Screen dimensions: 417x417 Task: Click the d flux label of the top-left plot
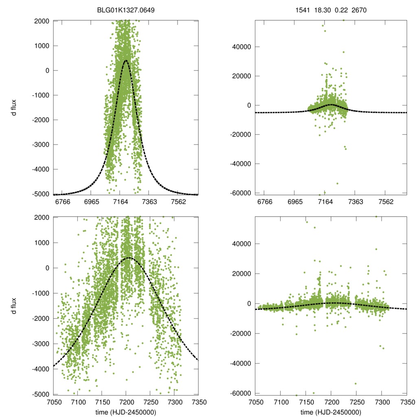pyautogui.click(x=14, y=107)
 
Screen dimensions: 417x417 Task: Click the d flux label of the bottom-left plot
pyautogui.click(x=14, y=305)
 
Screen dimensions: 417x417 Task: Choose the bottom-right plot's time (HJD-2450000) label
pyautogui.click(x=331, y=412)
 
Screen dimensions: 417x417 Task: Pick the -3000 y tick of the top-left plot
pyautogui.click(x=42, y=145)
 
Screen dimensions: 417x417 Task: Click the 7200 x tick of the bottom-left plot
pyautogui.click(x=126, y=401)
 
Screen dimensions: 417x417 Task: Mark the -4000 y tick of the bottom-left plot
pyautogui.click(x=42, y=369)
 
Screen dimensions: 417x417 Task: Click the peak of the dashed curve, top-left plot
pyautogui.click(x=125, y=61)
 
